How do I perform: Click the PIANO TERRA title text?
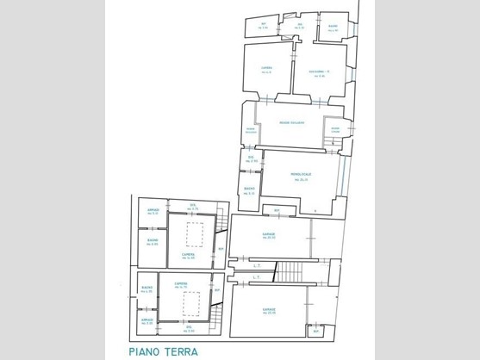coord(163,351)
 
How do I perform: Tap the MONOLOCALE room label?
coord(301,175)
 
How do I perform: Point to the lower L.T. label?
coord(257,278)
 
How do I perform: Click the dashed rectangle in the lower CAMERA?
coord(191,303)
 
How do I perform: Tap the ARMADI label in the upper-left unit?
coord(153,210)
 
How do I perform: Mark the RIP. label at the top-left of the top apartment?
coord(265,28)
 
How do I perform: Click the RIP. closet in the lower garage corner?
coord(315,330)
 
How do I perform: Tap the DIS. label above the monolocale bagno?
coord(251,158)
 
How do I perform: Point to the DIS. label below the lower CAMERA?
coord(190,328)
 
